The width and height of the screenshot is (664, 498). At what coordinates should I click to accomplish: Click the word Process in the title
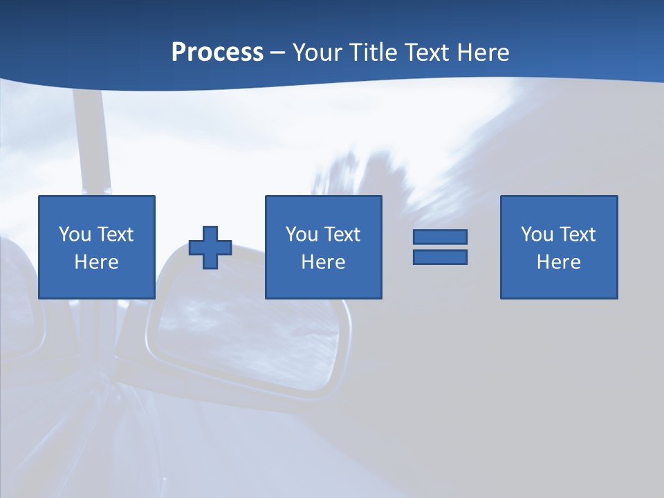pos(217,53)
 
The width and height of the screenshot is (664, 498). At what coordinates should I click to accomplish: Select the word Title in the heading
pos(375,53)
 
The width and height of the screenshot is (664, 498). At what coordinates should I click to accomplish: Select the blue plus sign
pos(210,248)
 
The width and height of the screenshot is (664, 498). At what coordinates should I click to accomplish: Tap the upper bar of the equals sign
pos(440,237)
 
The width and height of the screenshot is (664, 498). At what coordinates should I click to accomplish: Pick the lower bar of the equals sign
pos(440,257)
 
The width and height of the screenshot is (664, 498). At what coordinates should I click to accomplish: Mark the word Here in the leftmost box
pos(96,262)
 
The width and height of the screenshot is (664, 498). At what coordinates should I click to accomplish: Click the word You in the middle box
pos(302,234)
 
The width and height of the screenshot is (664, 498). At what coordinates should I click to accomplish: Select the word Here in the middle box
pos(323,262)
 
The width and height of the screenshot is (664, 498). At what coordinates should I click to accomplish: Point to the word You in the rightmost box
pos(537,234)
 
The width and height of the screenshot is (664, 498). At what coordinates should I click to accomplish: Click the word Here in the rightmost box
pos(558,262)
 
